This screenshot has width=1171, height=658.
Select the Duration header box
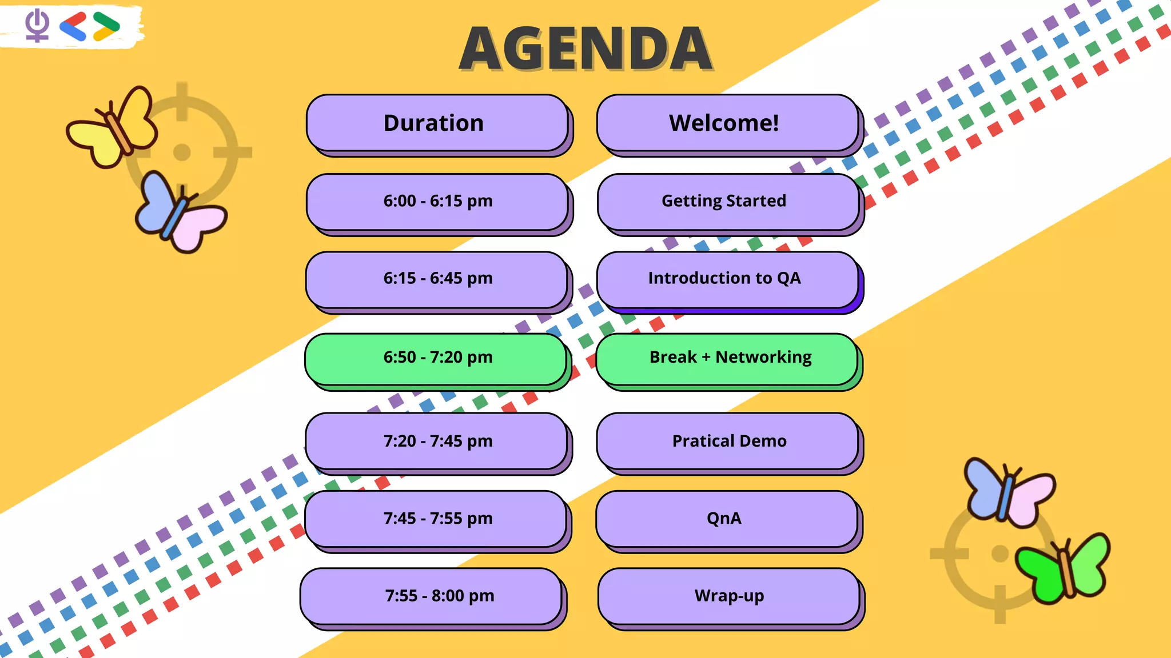[x=437, y=123]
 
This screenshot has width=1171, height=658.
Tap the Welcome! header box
[x=727, y=123]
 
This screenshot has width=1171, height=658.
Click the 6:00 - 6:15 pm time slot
[x=437, y=202]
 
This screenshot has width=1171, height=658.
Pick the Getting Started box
[x=727, y=202]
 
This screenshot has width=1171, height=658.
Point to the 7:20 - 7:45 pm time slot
[x=437, y=441]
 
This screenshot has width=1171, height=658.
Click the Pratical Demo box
[x=727, y=441]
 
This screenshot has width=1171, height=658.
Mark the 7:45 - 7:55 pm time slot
[x=437, y=519]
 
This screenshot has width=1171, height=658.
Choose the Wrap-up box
[x=729, y=596]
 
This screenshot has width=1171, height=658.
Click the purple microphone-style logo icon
[x=37, y=26]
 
